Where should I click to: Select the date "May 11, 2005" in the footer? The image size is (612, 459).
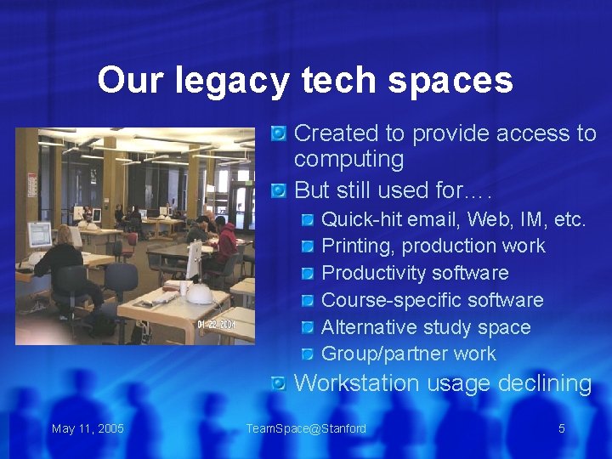click(88, 428)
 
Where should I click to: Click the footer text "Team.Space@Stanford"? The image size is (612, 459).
click(306, 428)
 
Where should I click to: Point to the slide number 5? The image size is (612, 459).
click(561, 428)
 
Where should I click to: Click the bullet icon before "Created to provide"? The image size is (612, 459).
click(279, 133)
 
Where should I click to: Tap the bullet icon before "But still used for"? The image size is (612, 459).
click(279, 190)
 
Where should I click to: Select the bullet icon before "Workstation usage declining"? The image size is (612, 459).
click(279, 384)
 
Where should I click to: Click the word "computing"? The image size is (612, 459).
click(348, 160)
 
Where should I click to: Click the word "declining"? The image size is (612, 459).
click(545, 383)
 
